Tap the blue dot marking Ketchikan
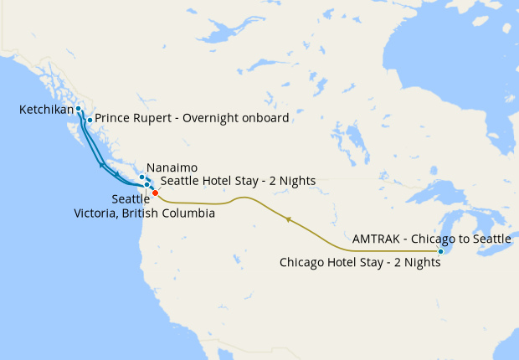[78, 109]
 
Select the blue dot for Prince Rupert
[90, 120]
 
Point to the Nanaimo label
[172, 167]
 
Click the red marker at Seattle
[155, 193]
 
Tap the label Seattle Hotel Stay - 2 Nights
[225, 180]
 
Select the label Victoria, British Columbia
[144, 213]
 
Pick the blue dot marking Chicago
[440, 251]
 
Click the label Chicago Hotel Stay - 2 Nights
[359, 262]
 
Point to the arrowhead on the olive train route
[288, 219]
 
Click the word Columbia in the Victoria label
[190, 213]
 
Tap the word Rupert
[152, 119]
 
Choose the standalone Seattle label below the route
[130, 199]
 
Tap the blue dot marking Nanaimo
[141, 176]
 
